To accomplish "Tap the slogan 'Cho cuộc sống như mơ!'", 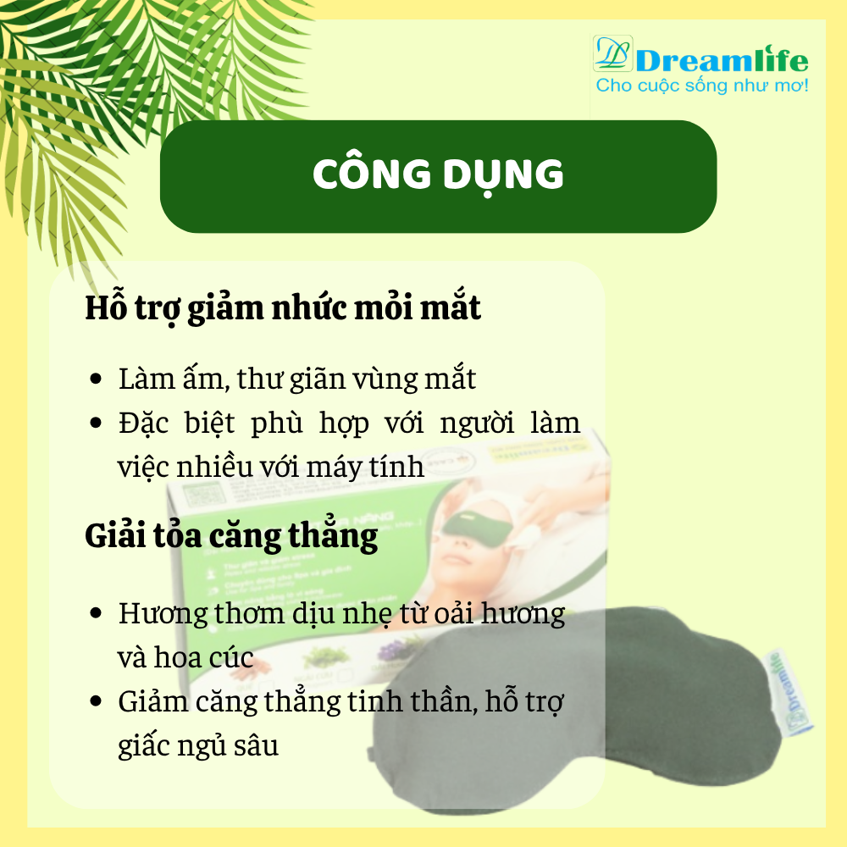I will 702,86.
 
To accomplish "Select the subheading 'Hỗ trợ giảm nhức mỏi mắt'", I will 283,308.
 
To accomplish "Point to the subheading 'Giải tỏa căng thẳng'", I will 231,537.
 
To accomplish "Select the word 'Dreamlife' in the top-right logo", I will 722,60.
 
